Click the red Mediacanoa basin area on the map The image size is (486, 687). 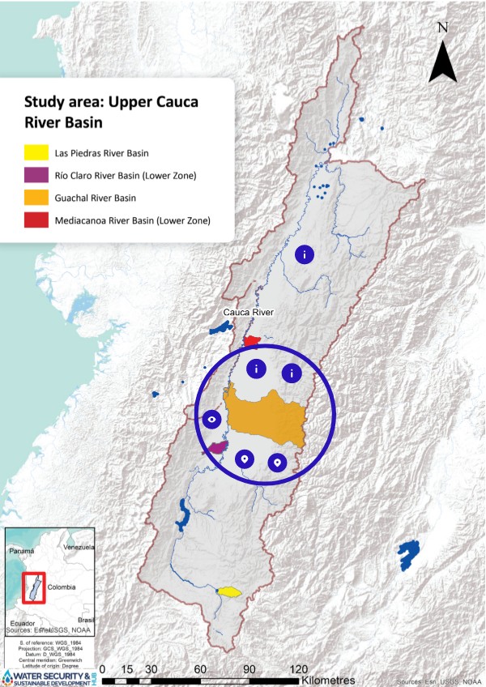252,340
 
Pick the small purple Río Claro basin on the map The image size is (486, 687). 217,447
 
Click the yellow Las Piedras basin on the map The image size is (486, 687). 229,591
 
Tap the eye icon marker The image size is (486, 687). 212,419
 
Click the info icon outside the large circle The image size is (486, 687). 305,254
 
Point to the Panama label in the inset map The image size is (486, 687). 21,550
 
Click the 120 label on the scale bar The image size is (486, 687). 298,670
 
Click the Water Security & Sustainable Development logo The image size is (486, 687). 49,676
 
